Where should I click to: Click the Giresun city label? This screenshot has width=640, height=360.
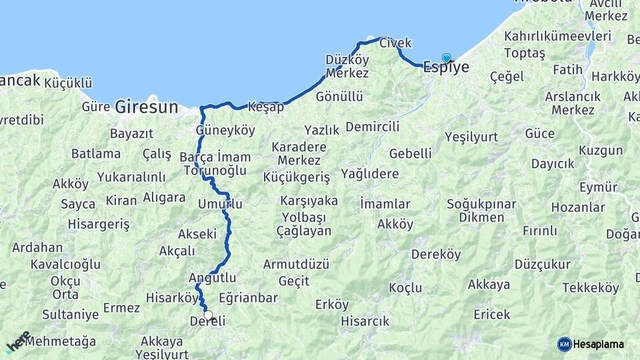pos(147,106)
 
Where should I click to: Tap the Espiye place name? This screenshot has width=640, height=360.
pos(446,67)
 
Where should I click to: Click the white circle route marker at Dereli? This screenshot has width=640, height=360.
pos(208,315)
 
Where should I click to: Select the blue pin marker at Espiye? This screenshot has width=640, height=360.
pos(447,59)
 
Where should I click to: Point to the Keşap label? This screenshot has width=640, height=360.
pos(266,107)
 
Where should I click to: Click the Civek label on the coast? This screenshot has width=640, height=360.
pos(395,43)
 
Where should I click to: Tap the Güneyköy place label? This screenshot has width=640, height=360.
pos(226,130)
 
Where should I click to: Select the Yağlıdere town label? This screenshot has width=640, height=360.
pos(369,174)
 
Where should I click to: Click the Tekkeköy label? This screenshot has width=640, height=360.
pos(591,287)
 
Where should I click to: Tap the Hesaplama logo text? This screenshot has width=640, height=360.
pos(599,344)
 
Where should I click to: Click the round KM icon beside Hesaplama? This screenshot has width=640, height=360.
pos(565,344)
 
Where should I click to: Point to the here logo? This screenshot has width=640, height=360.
pos(18,341)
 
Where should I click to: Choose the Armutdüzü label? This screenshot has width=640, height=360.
pos(296,264)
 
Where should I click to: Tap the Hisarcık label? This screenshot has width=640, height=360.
pos(365,321)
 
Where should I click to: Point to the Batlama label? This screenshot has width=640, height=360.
pos(96,153)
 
